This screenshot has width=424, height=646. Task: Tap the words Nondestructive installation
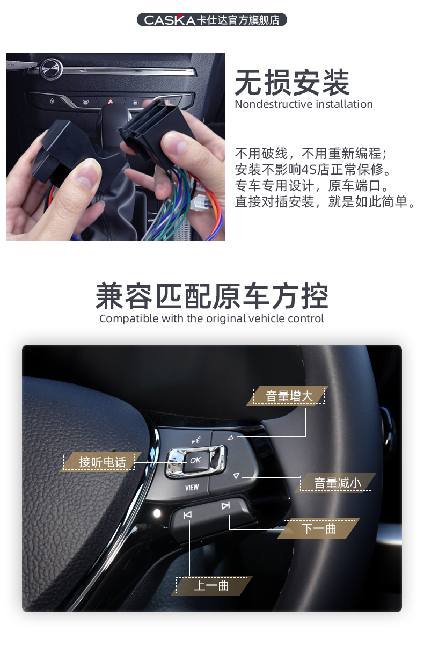click(303, 104)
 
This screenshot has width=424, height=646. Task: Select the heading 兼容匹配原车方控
click(211, 296)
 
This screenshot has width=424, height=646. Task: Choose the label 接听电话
click(102, 462)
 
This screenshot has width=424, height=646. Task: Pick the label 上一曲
click(211, 585)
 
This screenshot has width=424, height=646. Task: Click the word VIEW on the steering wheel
click(192, 488)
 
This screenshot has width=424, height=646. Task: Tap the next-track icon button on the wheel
click(225, 505)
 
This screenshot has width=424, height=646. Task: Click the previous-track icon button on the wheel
click(187, 516)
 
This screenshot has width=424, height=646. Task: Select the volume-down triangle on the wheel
click(236, 475)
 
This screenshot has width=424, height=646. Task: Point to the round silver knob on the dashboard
click(51, 69)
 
